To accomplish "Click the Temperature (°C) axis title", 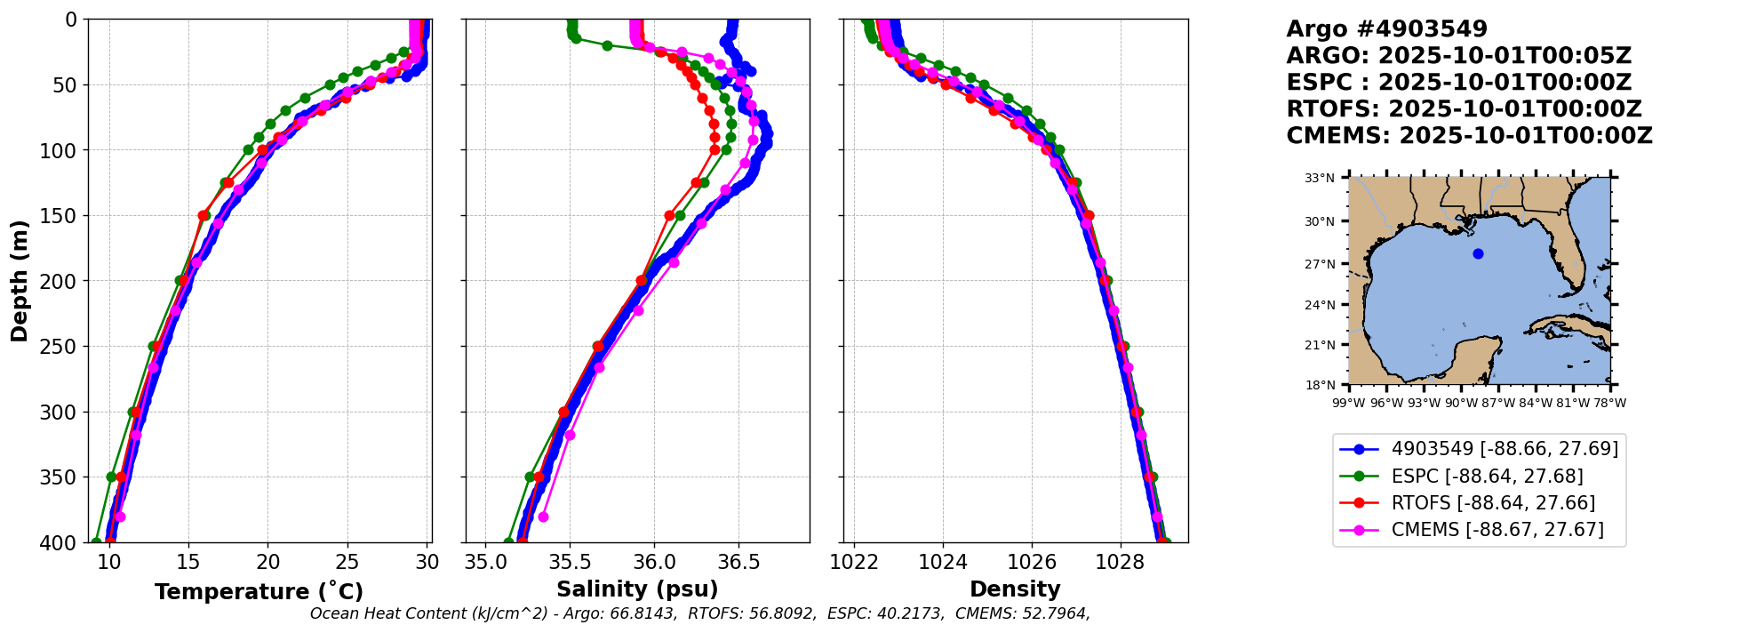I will [259, 592].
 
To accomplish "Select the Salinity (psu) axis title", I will [637, 589].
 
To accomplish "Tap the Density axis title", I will [1015, 589].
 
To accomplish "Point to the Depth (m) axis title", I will [20, 281].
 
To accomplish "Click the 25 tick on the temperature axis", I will [347, 562].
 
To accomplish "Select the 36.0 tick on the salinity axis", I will [654, 562].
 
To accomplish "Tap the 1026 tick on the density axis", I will [1032, 562].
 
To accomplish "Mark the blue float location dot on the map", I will [1478, 253].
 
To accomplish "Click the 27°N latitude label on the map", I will [1320, 264].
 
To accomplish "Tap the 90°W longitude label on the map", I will [1460, 403].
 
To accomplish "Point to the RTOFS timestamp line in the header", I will [1464, 109].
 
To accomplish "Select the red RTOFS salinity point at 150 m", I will [669, 215].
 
